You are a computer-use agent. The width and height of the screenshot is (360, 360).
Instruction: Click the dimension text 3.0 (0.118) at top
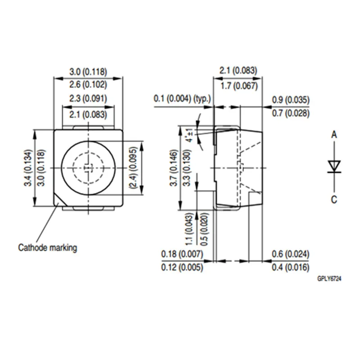[x=88, y=72]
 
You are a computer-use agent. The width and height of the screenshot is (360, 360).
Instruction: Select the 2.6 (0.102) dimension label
[x=88, y=84]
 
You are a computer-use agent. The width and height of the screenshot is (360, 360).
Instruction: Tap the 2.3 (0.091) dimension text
[x=88, y=99]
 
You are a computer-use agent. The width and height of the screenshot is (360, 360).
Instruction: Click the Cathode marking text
[x=47, y=247]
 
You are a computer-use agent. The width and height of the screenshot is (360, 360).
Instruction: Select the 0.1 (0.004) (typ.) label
[x=182, y=99]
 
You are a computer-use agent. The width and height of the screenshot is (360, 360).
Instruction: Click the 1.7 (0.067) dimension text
[x=238, y=86]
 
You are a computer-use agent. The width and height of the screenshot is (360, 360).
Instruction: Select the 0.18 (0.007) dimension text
[x=182, y=255]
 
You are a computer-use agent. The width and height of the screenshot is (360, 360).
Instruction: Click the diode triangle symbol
[x=333, y=166]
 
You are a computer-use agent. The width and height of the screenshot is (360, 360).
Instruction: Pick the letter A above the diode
[x=333, y=134]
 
